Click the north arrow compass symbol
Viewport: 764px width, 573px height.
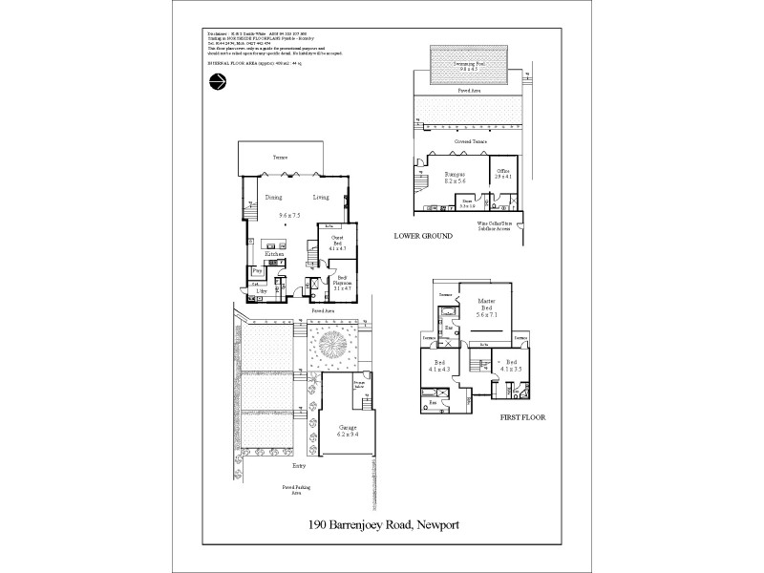point(217,83)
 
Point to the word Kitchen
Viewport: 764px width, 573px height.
point(274,254)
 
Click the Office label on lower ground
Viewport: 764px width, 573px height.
point(503,173)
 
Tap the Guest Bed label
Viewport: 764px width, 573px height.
point(336,243)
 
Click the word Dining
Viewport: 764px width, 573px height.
point(273,198)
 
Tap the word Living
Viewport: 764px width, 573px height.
point(321,198)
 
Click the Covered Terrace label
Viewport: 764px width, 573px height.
point(471,141)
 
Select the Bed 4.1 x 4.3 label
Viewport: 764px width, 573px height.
point(438,367)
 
